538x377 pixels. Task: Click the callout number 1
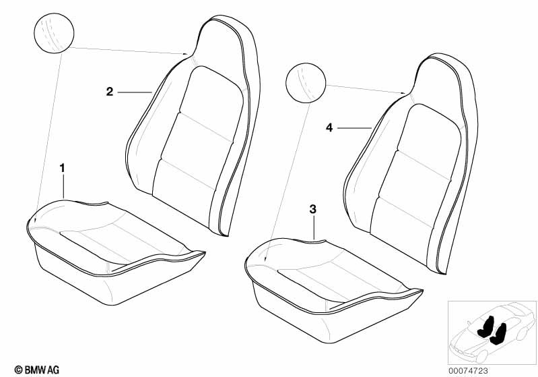[x=63, y=166]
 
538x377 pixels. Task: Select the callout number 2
[x=110, y=92]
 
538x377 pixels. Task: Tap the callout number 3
[x=312, y=210]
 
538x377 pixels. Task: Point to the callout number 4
[x=329, y=127]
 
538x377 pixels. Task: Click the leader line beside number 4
[x=354, y=127]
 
